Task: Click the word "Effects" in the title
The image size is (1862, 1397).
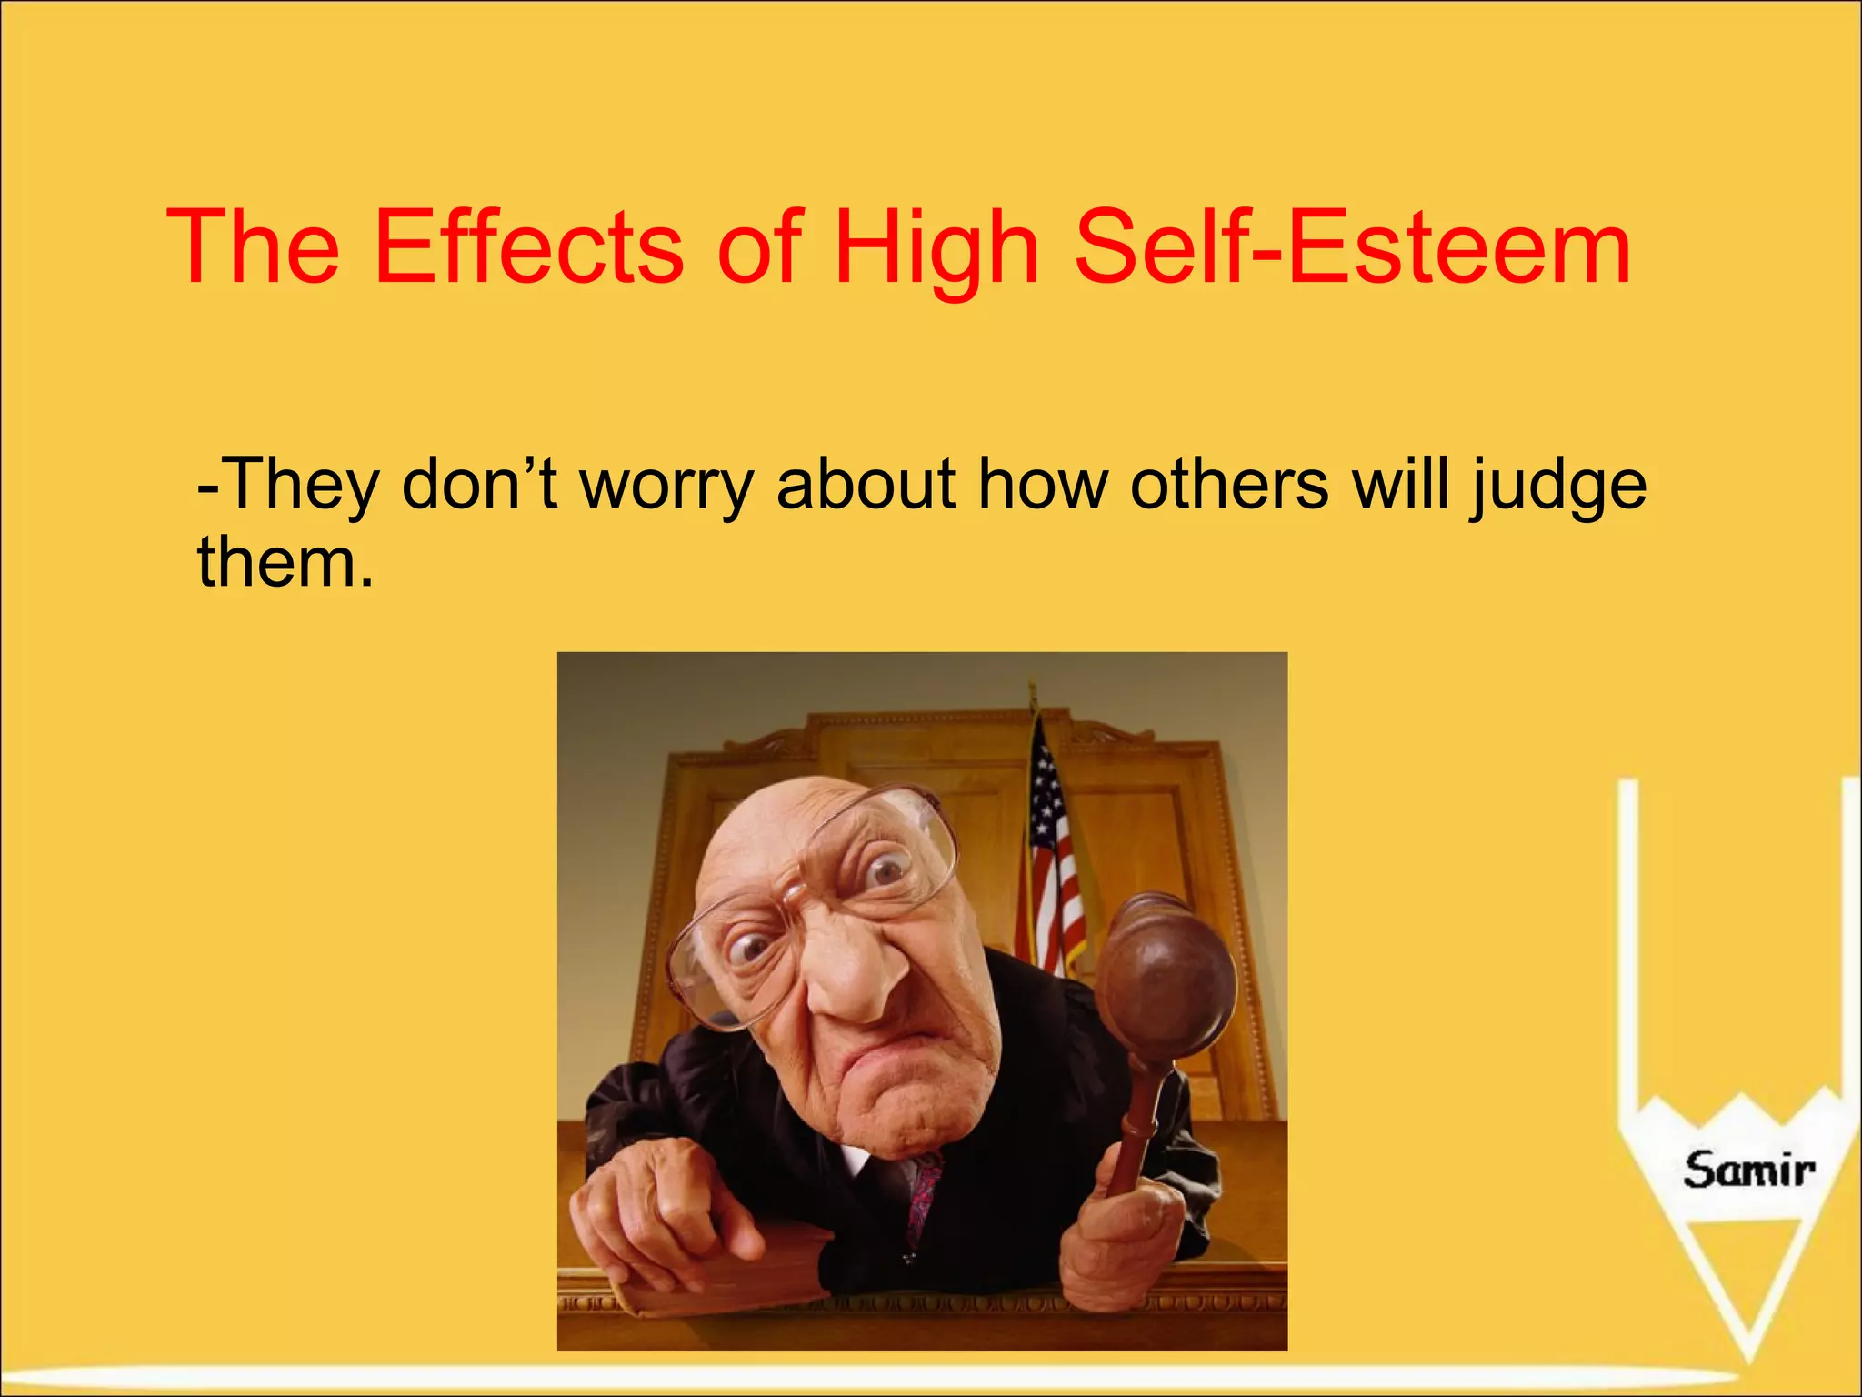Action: pyautogui.click(x=527, y=247)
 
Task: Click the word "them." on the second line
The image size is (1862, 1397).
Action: pyautogui.click(x=285, y=561)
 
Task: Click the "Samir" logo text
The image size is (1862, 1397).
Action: pyautogui.click(x=1747, y=1170)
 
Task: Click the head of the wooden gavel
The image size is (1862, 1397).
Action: pyautogui.click(x=1166, y=978)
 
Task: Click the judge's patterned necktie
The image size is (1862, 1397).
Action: pyautogui.click(x=925, y=1191)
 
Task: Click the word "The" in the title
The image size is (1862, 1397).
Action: pyautogui.click(x=253, y=247)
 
